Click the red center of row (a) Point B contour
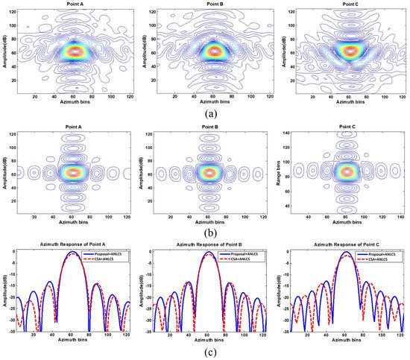point(215,51)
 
